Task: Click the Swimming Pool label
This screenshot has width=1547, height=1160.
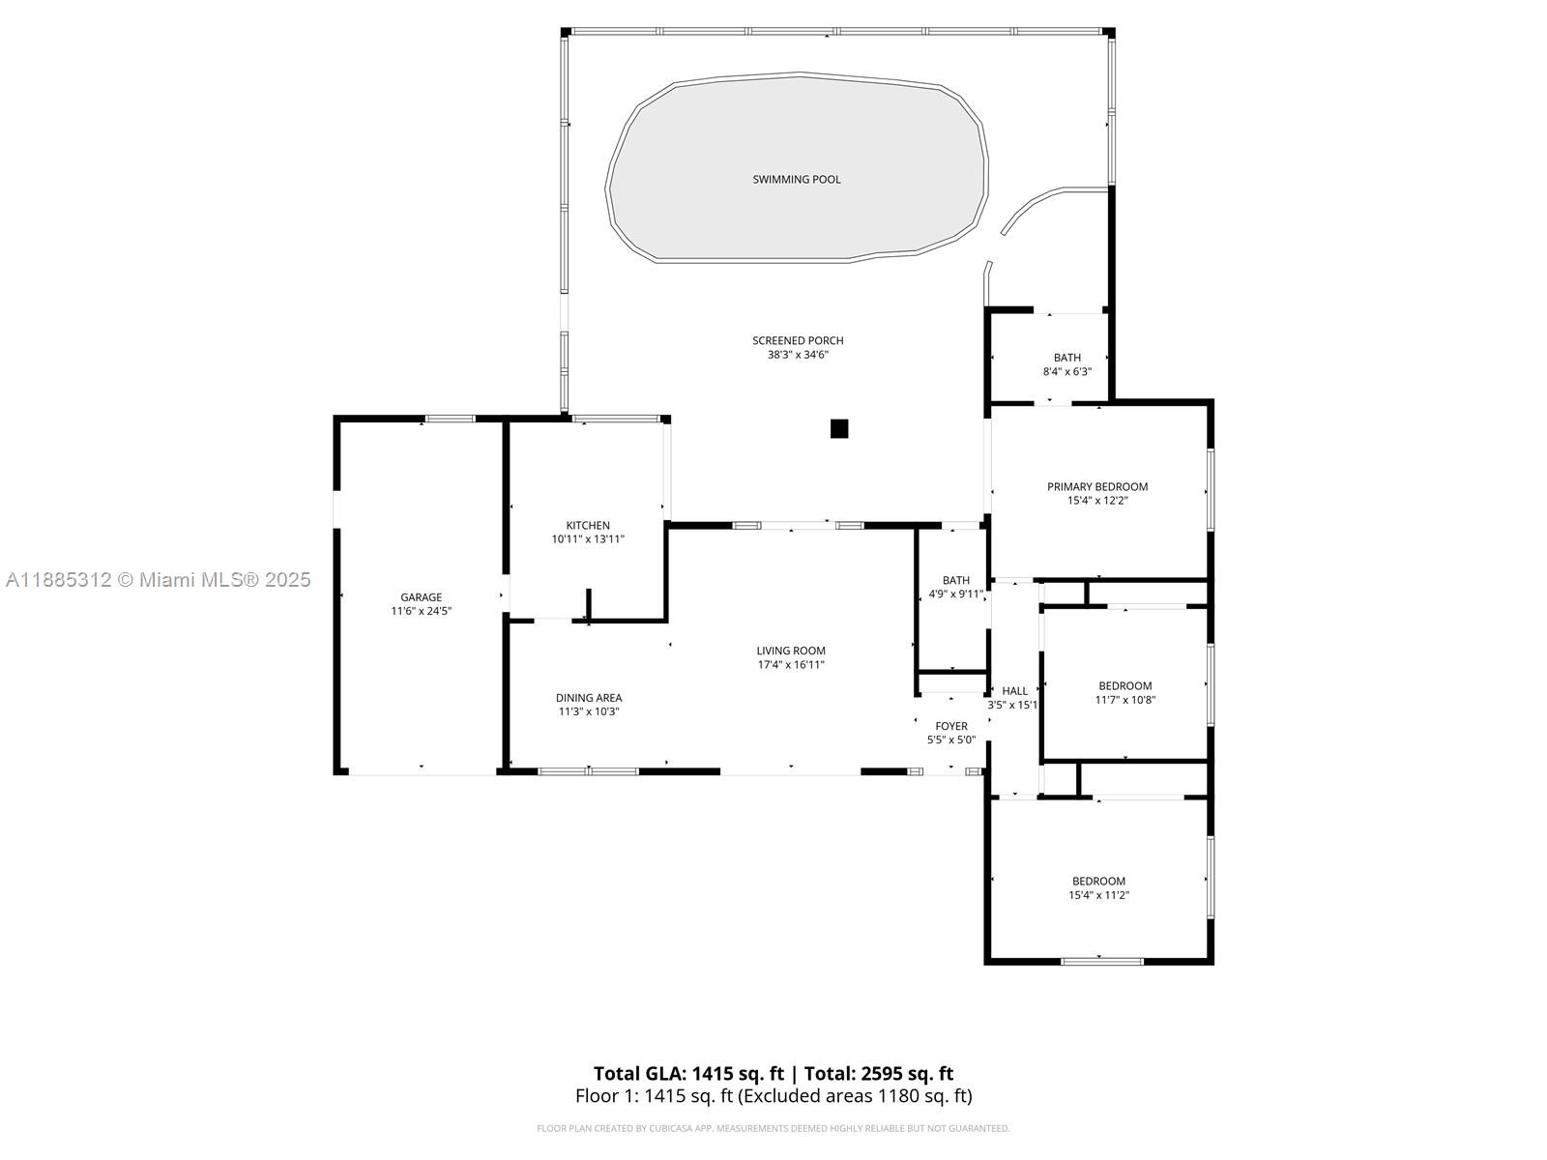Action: pos(797,180)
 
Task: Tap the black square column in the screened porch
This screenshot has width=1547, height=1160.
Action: pos(838,428)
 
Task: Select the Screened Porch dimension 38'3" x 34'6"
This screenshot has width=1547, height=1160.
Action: pos(798,354)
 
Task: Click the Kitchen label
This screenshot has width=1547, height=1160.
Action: pos(588,526)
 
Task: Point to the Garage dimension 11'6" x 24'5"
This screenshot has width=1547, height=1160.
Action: pos(422,611)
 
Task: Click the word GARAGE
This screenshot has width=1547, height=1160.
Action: pos(422,597)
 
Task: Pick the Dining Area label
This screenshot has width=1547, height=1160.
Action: pos(589,698)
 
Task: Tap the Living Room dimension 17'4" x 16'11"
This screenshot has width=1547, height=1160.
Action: pos(791,664)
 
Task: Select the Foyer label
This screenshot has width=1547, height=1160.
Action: pos(951,726)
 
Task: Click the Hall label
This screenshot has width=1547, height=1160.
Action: pos(1015,691)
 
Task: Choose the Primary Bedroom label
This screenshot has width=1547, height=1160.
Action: pos(1097,486)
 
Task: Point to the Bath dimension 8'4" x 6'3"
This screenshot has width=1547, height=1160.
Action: pos(1067,371)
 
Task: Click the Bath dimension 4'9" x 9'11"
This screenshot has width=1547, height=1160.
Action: pos(955,594)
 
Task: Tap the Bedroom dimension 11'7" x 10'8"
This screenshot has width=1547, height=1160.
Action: pos(1124,699)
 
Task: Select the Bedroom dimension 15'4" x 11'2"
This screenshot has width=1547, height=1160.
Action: pos(1098,894)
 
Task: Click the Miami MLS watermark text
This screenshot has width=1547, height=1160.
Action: pos(158,580)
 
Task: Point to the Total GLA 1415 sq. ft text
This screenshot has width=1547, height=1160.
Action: pos(688,1073)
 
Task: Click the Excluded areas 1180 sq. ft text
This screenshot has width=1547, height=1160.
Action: pos(854,1096)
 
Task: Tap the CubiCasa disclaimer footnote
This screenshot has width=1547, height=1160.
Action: pos(773,1128)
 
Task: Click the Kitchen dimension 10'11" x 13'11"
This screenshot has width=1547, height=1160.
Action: pos(588,538)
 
